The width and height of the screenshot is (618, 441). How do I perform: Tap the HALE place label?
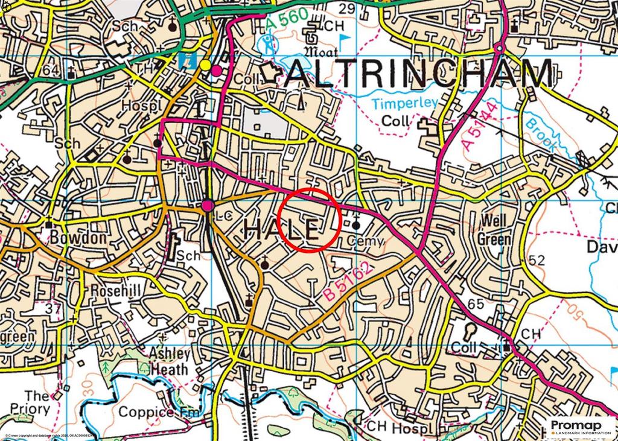(x=282, y=230)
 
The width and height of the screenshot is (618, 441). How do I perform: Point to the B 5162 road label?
(x=346, y=282)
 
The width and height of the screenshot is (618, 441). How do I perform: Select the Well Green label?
(x=494, y=230)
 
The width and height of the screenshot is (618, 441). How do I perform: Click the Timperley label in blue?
(x=404, y=103)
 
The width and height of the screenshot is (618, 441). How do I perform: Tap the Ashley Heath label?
(x=170, y=361)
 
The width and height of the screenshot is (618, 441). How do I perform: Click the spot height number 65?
(x=476, y=304)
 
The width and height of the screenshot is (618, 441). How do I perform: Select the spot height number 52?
(x=537, y=261)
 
